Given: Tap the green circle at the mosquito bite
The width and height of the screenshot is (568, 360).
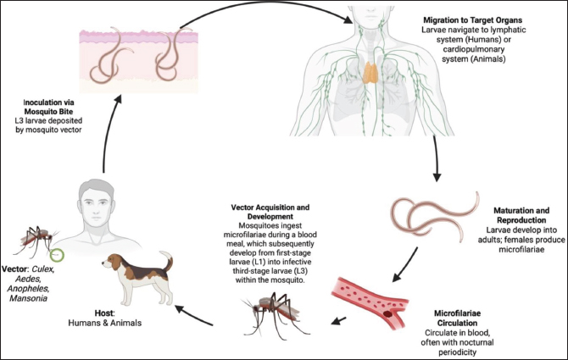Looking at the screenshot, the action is pos(57,255).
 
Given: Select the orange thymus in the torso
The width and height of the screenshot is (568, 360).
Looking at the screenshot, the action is pos(371,73).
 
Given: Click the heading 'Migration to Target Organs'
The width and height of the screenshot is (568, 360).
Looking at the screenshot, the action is pos(473,19).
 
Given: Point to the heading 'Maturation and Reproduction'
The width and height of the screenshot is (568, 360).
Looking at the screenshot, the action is pos(521,215).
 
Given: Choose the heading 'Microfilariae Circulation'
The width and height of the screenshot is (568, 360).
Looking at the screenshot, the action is pos(457,318).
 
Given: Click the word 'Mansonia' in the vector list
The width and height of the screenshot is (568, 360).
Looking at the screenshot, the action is pos(28,298).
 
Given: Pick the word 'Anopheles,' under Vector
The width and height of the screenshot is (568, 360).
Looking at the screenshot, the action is pos(28,289).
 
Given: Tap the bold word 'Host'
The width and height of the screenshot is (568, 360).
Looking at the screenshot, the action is pos(104,313).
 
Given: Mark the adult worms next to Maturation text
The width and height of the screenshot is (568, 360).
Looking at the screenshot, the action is pos(435,216).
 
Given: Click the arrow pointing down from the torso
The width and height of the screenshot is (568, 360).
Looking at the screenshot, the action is pos(436,158).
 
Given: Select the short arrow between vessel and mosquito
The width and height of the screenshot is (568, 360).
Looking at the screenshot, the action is pos(339,321).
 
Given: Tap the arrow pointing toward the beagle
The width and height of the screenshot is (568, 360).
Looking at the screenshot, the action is pos(194,315).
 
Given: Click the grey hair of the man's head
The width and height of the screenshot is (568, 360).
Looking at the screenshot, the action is pos(96,188).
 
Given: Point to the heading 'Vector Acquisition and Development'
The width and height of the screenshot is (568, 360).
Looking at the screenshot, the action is pos(270,212).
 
